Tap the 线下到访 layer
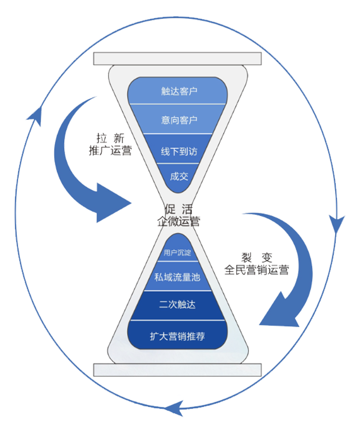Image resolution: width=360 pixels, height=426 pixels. (179, 151)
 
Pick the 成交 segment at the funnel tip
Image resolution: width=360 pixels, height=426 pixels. (178, 176)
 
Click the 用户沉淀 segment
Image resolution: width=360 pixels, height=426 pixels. (177, 252)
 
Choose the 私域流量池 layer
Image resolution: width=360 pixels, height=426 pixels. (177, 276)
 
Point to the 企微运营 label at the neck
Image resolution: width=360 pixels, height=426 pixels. (178, 221)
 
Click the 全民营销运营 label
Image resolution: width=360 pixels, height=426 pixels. (256, 270)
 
